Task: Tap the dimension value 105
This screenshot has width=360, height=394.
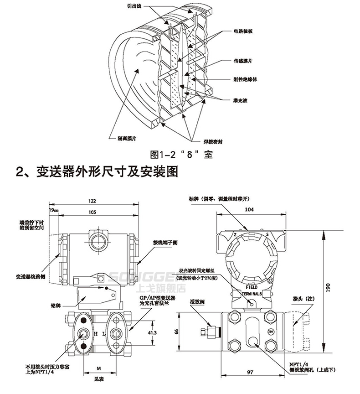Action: [x=93, y=212]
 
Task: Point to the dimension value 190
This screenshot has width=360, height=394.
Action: [x=330, y=287]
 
